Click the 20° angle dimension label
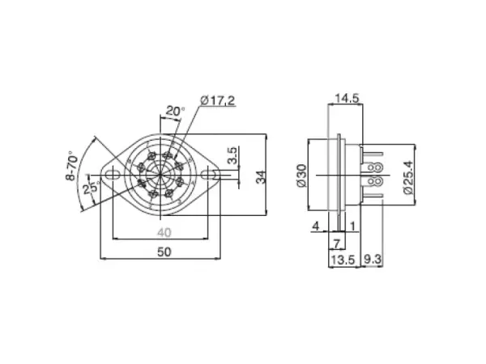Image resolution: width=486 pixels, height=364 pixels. [175, 111]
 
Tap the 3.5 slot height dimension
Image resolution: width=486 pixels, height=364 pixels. [232, 155]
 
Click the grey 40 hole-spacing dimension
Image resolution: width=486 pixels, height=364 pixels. [164, 232]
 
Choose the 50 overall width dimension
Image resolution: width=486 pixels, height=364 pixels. [164, 252]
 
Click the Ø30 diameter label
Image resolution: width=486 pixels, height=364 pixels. [301, 176]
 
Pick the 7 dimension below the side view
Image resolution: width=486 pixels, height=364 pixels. [335, 243]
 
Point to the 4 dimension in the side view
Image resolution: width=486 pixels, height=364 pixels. [316, 226]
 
